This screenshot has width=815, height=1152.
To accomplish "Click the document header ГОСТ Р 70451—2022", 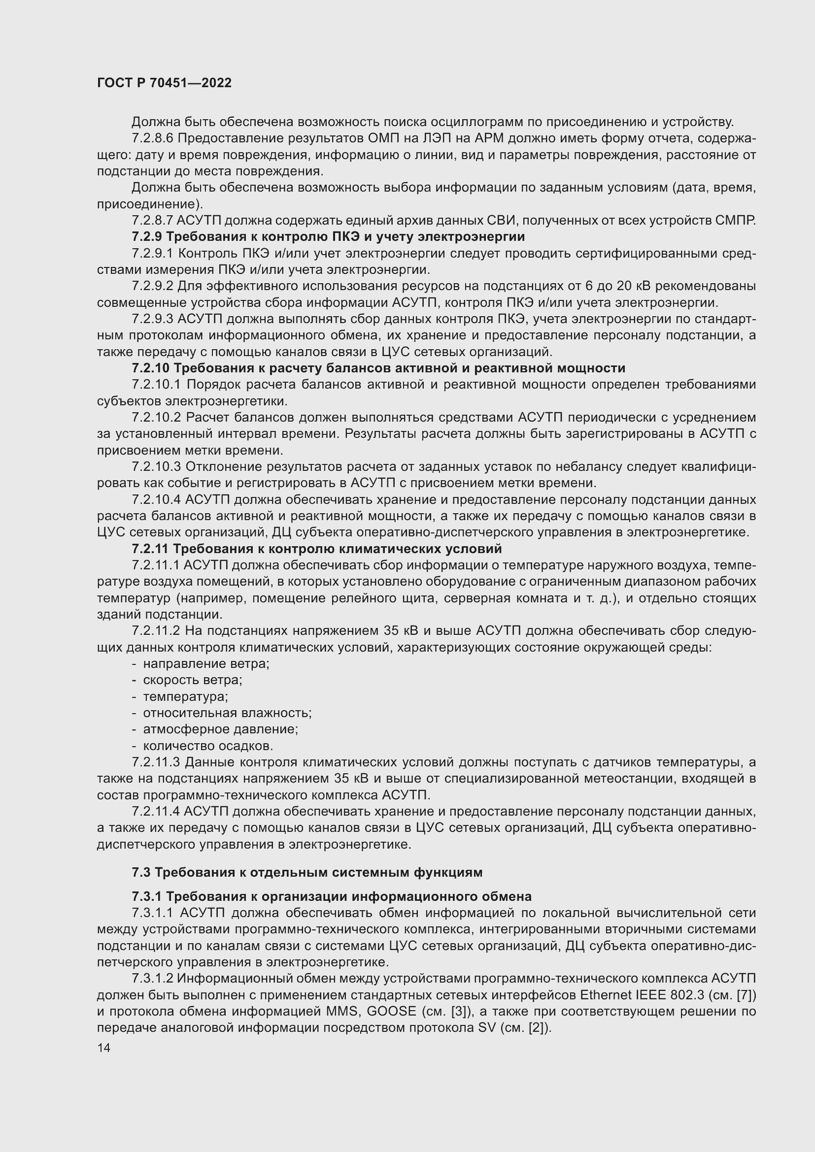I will pos(164,83).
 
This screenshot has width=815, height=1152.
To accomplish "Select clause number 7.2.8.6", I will pos(153,138).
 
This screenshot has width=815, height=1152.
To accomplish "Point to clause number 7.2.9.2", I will pos(153,286).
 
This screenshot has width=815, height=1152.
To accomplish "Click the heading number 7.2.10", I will pos(151,368).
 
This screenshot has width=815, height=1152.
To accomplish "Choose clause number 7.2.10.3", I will pos(156,466).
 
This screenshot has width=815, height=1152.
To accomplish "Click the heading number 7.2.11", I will pos(150,549).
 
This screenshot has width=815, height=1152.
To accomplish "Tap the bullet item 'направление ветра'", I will pos(206,664).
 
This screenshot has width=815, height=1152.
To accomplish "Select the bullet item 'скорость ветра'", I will pos(192,680).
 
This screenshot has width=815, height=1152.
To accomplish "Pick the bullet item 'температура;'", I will pos(185,697).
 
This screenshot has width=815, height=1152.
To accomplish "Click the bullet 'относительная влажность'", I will pos(227,713).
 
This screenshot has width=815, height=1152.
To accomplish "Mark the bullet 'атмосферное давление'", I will pos(220,729).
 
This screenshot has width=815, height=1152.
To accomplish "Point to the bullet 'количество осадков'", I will pos(208,746).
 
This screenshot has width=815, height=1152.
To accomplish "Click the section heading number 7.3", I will pos(141,873).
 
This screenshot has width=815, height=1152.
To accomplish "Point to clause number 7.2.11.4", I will pos(156,812).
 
